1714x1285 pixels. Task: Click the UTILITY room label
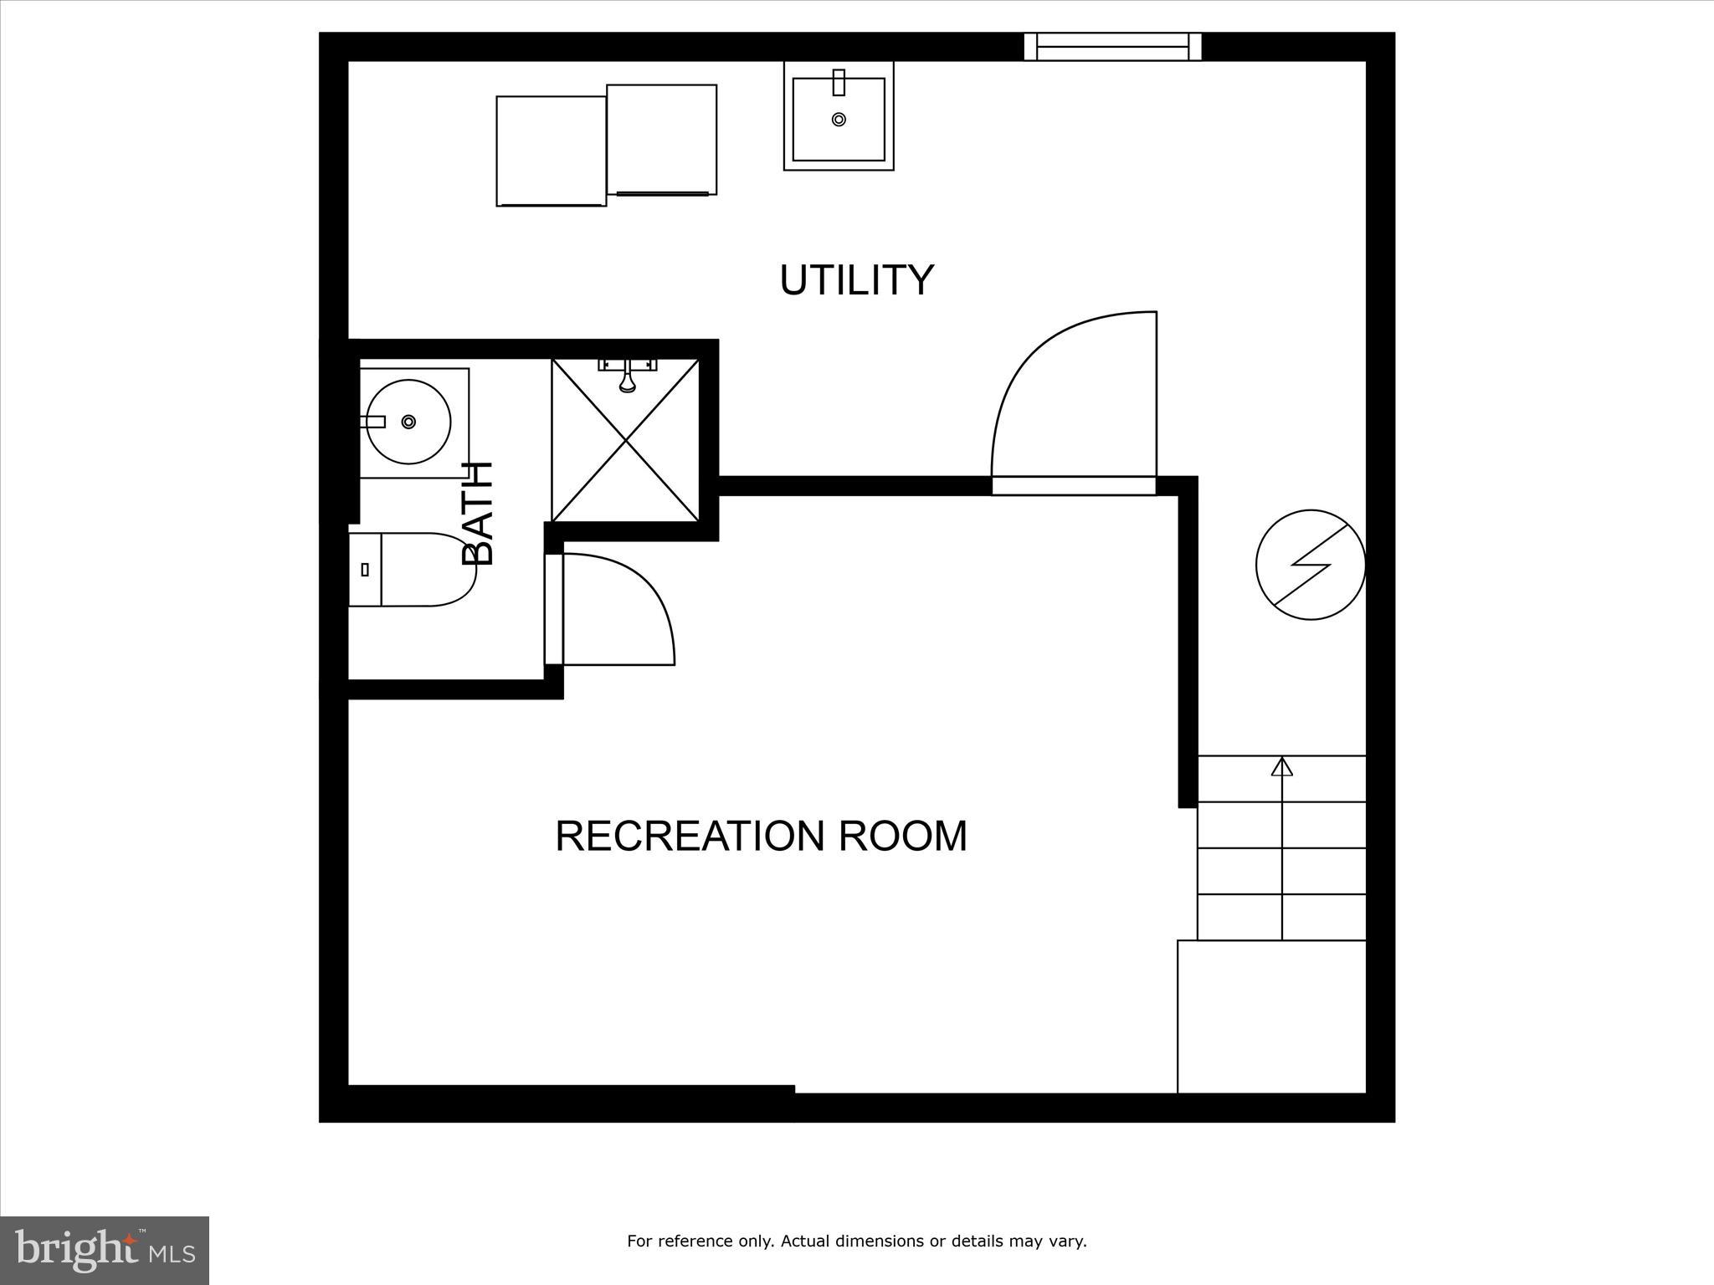[x=856, y=279]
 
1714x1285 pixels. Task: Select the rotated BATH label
[x=478, y=514]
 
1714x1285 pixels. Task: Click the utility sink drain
[x=839, y=120]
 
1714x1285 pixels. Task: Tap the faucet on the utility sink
[x=839, y=83]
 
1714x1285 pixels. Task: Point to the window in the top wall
[x=1112, y=47]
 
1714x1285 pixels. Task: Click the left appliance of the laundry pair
[x=551, y=151]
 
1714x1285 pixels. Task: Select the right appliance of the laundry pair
[x=661, y=140]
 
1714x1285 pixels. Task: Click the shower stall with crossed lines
[x=625, y=452]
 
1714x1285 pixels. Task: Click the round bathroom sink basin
[x=409, y=422]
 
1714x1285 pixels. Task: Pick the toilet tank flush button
[x=365, y=570]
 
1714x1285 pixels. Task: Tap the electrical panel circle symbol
[x=1311, y=565]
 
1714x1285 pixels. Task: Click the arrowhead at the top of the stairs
[x=1282, y=765]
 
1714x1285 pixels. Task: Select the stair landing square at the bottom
[x=1271, y=1016]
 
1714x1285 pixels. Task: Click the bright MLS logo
[x=105, y=1250]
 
